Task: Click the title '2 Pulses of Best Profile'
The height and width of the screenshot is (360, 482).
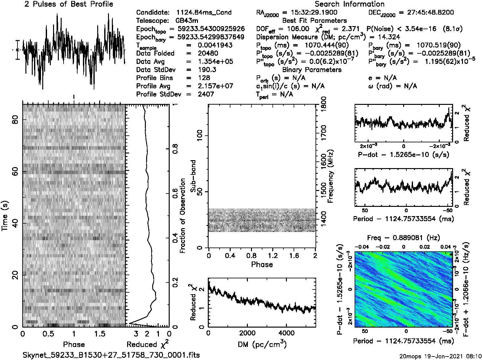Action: point(69,4)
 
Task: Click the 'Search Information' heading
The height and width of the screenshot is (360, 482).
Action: point(350,4)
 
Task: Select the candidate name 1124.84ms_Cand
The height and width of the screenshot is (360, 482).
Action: point(204,13)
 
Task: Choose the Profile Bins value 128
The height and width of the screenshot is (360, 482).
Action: point(204,78)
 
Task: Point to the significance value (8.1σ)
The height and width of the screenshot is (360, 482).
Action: point(451,29)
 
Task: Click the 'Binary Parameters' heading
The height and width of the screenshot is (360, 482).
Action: point(312,70)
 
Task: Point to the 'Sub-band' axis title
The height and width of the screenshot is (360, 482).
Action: point(193,176)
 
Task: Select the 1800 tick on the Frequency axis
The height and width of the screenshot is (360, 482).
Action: point(323,103)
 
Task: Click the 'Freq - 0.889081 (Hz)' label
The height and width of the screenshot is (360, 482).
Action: point(404,238)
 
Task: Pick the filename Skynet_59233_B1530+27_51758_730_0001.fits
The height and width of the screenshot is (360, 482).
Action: point(111,355)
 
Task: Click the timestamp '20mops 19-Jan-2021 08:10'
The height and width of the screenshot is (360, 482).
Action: point(440,356)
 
